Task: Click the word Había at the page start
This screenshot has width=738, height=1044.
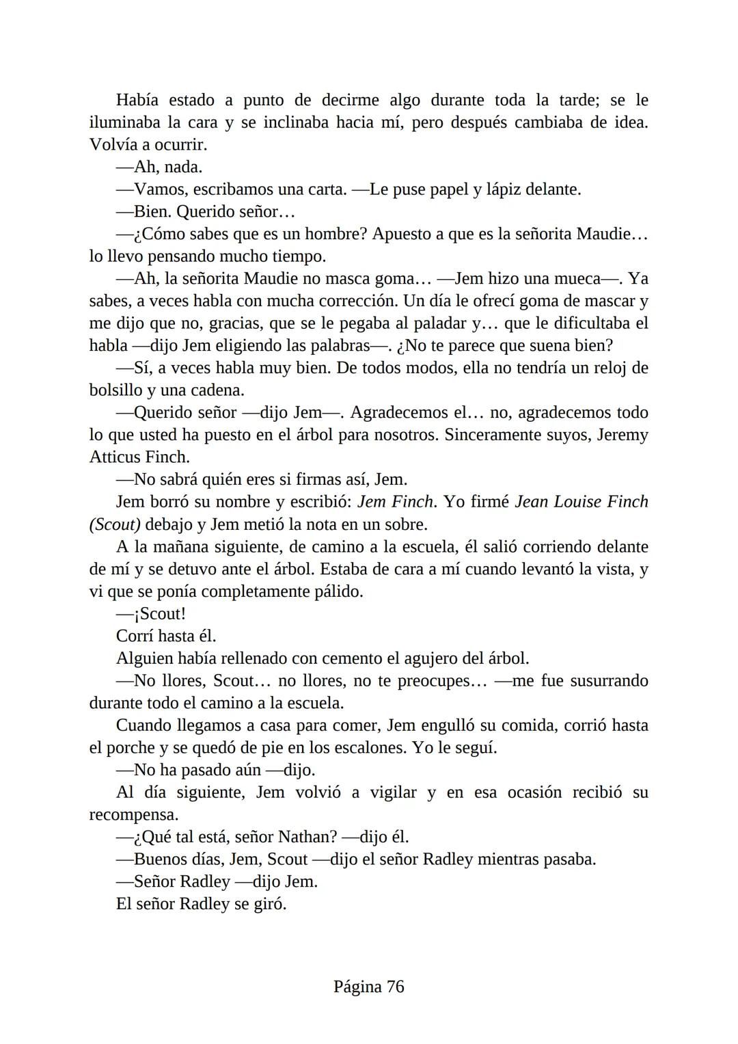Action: pos(137,101)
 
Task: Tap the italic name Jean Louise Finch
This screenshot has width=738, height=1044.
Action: pos(581,502)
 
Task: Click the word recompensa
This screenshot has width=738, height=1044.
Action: pos(133,815)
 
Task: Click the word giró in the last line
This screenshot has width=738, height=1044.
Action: pos(269,904)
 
